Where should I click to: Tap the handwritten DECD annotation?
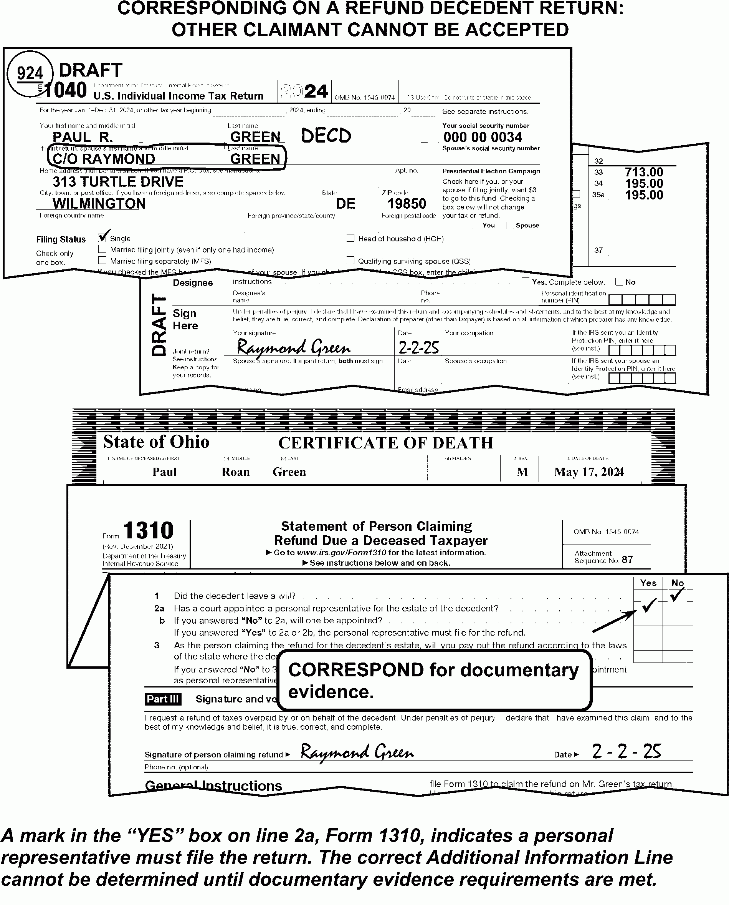[x=326, y=136]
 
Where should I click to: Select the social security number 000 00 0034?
[x=483, y=137]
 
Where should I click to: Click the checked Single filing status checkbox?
[x=102, y=238]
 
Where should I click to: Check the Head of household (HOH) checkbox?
[x=350, y=238]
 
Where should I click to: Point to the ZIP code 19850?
[x=406, y=204]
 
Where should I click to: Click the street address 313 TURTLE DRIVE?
[x=118, y=182]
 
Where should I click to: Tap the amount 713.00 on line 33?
[x=644, y=172]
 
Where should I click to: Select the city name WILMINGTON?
[x=99, y=204]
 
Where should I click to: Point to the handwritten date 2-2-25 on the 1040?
[x=418, y=348]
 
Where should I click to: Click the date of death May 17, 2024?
[x=589, y=472]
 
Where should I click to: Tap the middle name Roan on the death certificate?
[x=236, y=472]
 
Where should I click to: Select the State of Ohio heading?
[x=156, y=442]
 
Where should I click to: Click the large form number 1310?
[x=148, y=530]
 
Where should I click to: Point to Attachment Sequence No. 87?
[x=603, y=556]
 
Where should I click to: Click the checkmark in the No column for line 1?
[x=677, y=595]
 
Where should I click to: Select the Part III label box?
[x=163, y=699]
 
